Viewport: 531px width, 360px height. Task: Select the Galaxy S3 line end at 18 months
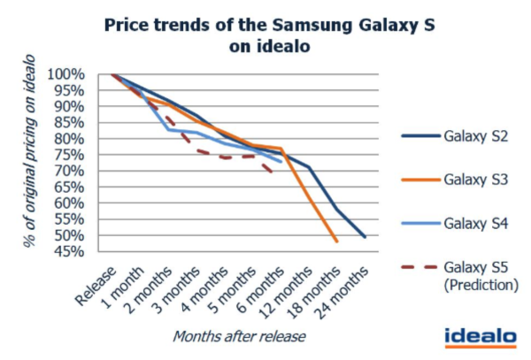[x=337, y=241]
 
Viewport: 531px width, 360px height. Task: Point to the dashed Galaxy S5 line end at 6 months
[x=272, y=173]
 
